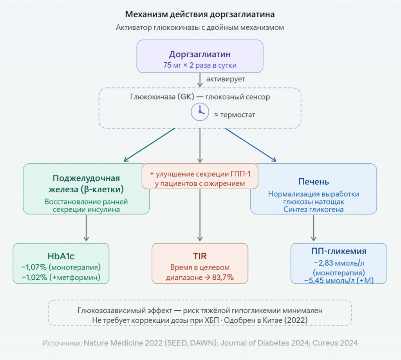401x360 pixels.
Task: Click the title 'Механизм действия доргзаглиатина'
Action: pos(200,14)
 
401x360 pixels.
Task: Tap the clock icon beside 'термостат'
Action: pos(200,112)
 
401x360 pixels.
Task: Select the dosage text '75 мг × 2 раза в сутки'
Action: pos(200,65)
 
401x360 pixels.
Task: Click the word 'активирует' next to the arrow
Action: pos(226,79)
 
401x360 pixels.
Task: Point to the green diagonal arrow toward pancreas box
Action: pos(149,145)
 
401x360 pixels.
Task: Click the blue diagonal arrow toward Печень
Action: pos(251,145)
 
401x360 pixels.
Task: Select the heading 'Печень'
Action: pos(314,182)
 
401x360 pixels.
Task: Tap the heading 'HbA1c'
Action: pos(61,256)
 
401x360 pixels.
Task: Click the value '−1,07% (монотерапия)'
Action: pos(61,267)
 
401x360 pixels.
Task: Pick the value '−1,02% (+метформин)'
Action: pos(61,277)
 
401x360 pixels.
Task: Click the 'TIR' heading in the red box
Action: pos(200,256)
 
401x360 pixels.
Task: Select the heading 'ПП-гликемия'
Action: pos(339,251)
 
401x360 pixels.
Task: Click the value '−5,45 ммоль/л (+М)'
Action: pos(339,281)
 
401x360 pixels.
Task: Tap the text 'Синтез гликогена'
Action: pos(314,210)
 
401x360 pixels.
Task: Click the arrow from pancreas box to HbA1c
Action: pos(86,228)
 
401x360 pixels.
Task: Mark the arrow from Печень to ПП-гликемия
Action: pos(314,228)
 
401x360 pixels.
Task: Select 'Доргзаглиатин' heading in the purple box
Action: pos(200,54)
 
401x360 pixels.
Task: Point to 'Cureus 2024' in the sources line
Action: pos(335,343)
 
